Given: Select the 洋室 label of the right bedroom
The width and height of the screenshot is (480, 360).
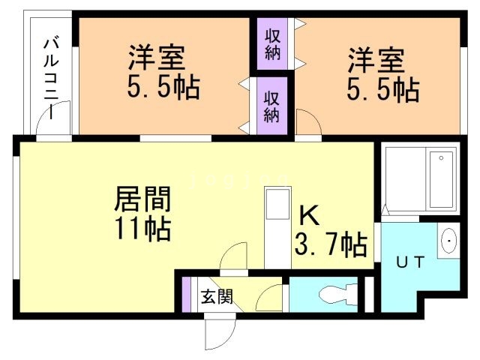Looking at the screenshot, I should point(375,58).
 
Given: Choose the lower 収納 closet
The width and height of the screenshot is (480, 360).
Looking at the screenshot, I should point(271,105).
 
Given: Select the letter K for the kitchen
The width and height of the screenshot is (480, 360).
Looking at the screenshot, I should point(310,216).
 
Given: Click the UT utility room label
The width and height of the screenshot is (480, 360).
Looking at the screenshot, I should point(411,262).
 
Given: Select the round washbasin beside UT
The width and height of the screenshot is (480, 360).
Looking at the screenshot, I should point(448,241).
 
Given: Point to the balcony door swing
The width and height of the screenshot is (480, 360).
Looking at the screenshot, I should point(59,120).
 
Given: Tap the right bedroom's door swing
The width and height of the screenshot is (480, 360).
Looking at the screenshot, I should point(307,122).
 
